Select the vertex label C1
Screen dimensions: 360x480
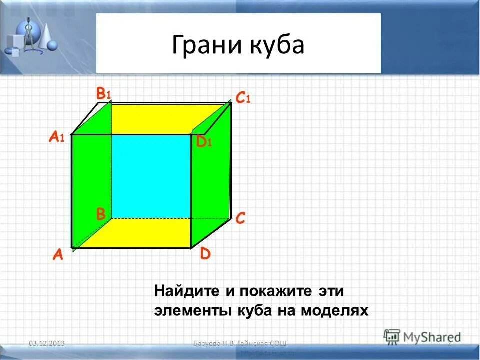pyautogui.click(x=242, y=98)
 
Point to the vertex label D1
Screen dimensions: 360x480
pyautogui.click(x=204, y=142)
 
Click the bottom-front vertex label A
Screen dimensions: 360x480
pyautogui.click(x=58, y=255)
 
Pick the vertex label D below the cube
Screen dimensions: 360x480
pyautogui.click(x=205, y=254)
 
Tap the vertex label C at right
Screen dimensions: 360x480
pyautogui.click(x=240, y=218)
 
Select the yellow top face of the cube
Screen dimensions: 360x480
pyautogui.click(x=150, y=118)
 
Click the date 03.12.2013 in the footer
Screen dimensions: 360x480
pyautogui.click(x=48, y=343)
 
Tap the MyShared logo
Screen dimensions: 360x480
pyautogui.click(x=422, y=337)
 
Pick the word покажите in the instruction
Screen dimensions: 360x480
pyautogui.click(x=274, y=290)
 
